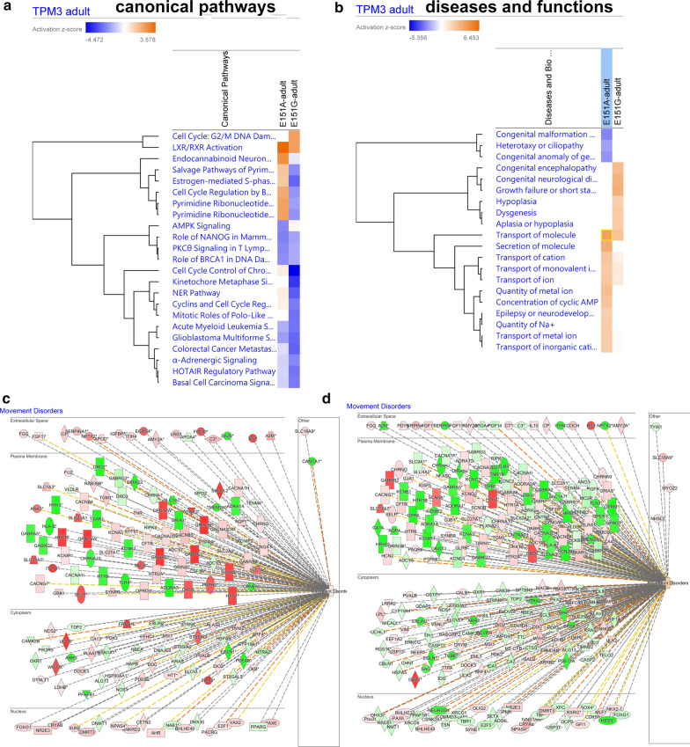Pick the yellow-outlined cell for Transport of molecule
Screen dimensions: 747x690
point(606,233)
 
